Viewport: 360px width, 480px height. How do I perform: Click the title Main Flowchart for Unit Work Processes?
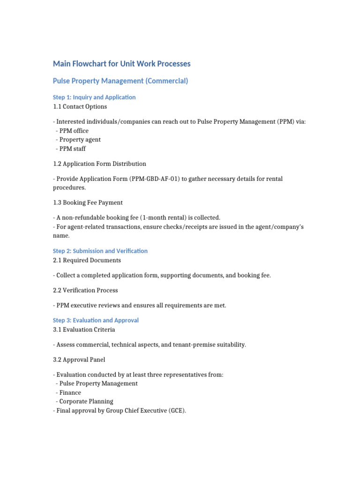click(x=121, y=64)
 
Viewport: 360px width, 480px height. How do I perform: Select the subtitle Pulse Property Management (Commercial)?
click(x=120, y=81)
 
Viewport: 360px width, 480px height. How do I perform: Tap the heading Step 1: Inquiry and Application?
click(x=94, y=97)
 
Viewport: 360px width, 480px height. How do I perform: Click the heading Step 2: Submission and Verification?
click(x=100, y=251)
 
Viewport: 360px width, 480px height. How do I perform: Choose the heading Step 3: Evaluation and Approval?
click(x=96, y=321)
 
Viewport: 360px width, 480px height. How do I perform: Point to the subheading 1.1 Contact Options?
click(x=80, y=107)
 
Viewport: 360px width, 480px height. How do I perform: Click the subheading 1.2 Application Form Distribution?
click(x=99, y=164)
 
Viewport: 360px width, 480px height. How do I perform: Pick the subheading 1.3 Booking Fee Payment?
click(x=88, y=203)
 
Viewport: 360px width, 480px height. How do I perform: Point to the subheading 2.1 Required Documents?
click(x=87, y=261)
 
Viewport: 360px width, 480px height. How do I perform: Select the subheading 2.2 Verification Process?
click(x=85, y=291)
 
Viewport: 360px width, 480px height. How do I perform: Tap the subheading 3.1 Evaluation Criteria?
click(x=84, y=330)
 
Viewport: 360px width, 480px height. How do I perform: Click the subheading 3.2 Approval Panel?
click(x=79, y=360)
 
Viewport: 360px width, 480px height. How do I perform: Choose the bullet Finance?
click(x=70, y=393)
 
